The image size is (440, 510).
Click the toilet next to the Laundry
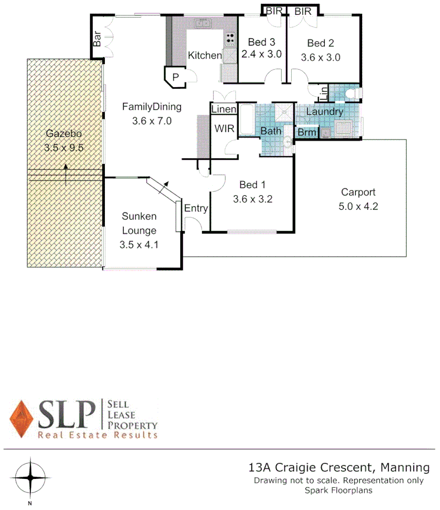[353, 93]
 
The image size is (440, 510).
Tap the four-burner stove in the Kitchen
[230, 39]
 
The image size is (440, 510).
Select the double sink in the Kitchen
[202, 23]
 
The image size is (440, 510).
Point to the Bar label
[97, 39]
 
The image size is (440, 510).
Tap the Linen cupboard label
[224, 109]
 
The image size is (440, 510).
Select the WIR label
[224, 128]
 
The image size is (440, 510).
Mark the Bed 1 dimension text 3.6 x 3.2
[253, 199]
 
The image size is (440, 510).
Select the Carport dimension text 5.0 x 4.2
[358, 206]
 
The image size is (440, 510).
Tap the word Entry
[196, 208]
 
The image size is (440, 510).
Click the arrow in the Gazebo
[66, 175]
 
